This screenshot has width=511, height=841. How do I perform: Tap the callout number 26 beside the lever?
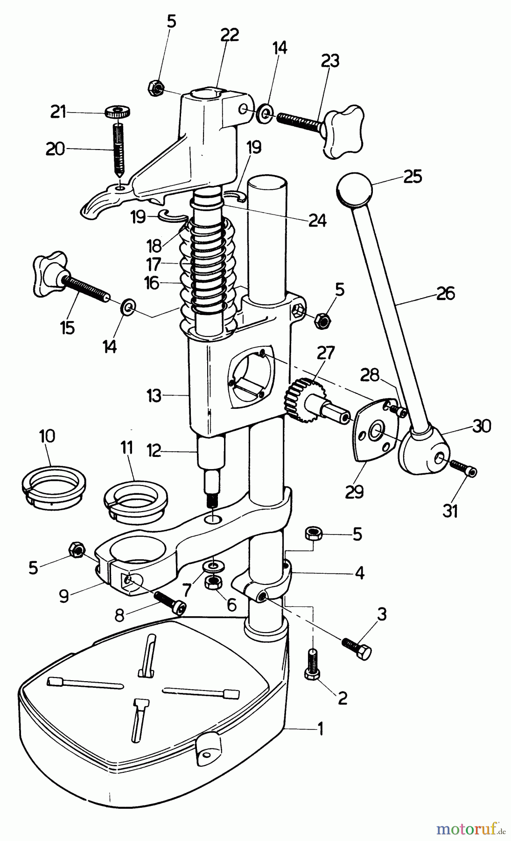(x=445, y=294)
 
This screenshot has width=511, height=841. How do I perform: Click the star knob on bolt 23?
(x=343, y=133)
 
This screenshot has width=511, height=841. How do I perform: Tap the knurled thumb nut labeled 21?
(x=117, y=112)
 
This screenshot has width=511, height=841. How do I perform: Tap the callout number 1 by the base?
(x=320, y=728)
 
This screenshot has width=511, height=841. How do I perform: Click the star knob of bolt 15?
(x=49, y=273)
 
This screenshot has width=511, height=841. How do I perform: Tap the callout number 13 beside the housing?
(x=154, y=396)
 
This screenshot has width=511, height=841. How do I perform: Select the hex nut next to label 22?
(x=155, y=87)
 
